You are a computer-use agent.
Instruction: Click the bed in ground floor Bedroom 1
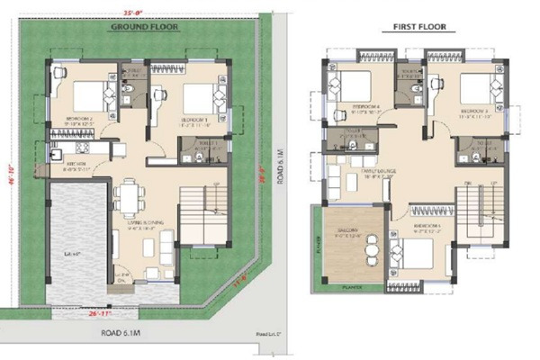click(x=197, y=94)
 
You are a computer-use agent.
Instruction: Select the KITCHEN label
click(x=75, y=164)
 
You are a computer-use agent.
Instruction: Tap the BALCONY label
click(x=348, y=230)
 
